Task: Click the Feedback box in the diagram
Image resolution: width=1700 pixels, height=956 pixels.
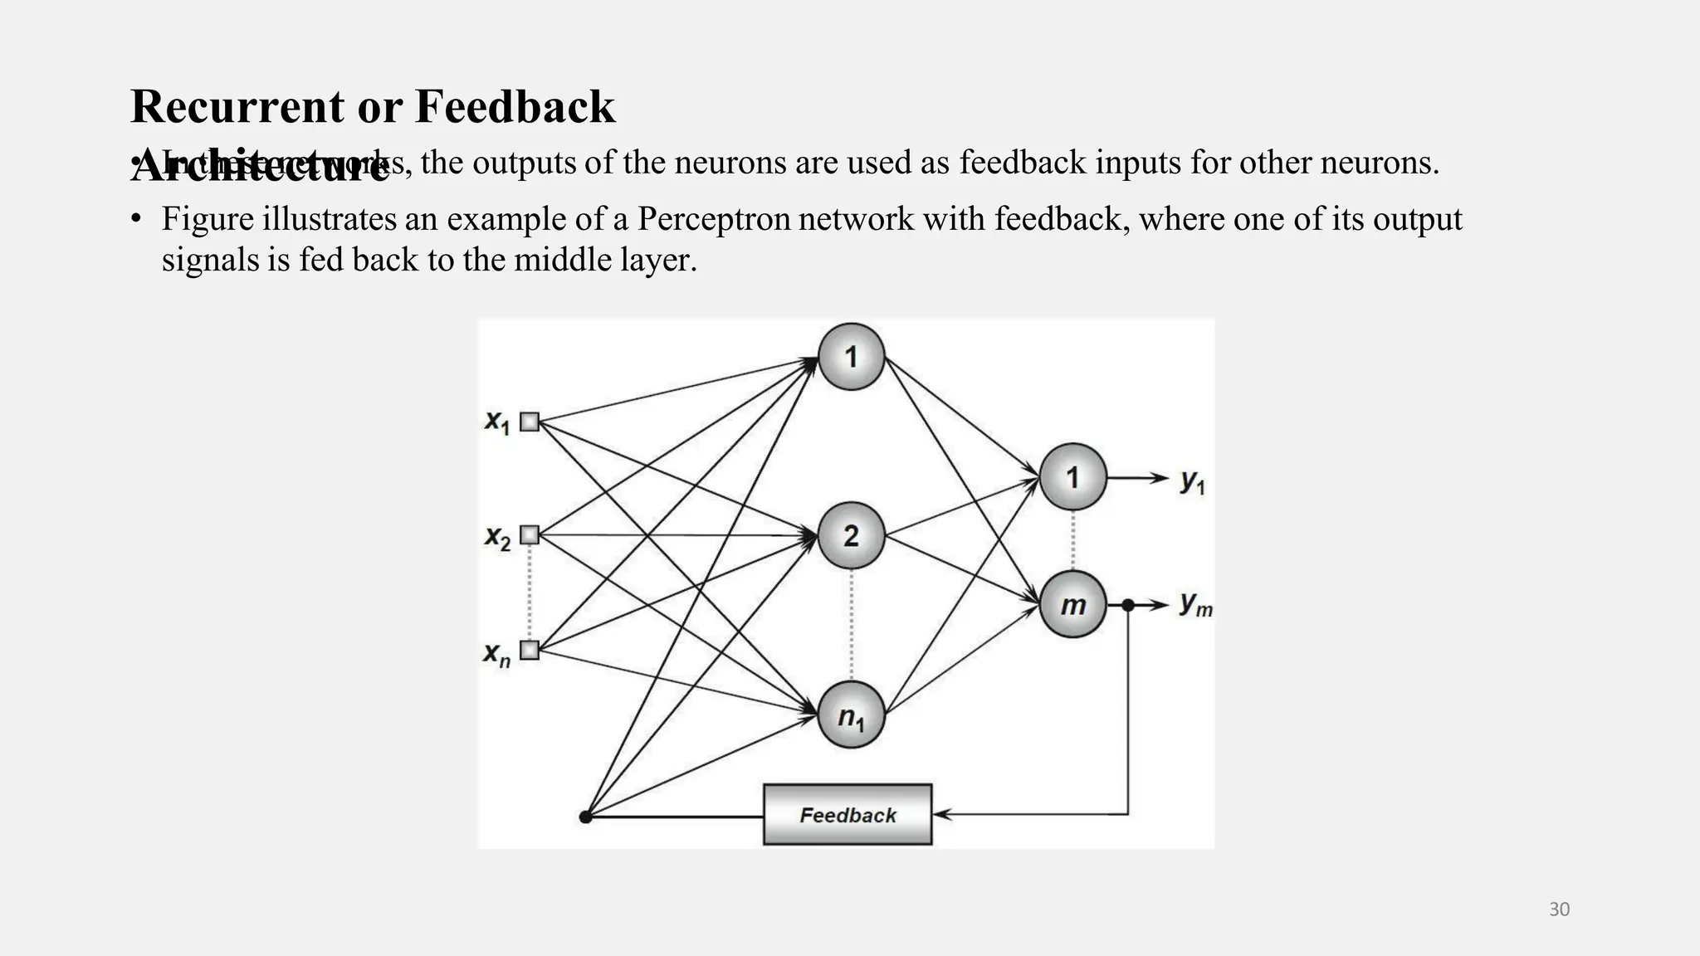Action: click(848, 815)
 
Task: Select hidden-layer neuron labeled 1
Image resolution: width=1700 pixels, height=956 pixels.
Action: click(851, 357)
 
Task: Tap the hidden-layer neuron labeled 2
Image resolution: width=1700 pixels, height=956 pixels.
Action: click(851, 535)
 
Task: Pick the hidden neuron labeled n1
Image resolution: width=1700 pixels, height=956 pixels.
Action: click(851, 715)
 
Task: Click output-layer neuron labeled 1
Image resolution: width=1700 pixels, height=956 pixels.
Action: click(1072, 477)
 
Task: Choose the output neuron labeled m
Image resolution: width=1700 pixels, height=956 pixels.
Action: click(1072, 605)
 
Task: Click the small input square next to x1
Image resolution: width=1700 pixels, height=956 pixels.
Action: click(530, 422)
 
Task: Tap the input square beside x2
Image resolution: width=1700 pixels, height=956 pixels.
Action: click(530, 535)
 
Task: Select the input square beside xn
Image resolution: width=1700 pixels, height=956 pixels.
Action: click(530, 650)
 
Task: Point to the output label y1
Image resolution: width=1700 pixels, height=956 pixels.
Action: click(1193, 480)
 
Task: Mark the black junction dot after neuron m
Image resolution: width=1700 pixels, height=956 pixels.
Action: click(1127, 605)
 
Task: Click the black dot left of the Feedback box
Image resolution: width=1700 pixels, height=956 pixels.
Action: click(585, 817)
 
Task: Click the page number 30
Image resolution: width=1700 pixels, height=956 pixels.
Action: click(1559, 910)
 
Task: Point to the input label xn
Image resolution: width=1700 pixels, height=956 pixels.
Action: click(496, 654)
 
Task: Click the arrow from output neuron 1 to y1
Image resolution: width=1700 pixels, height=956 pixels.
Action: click(1137, 478)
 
